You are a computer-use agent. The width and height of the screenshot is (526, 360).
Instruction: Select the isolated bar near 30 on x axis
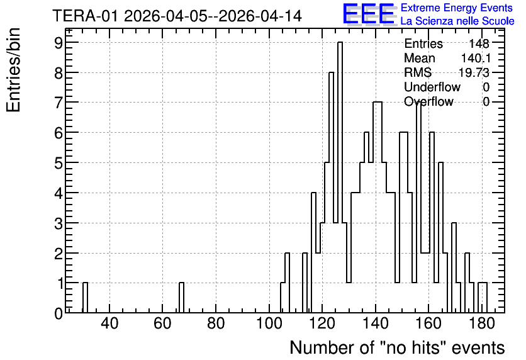(x=85, y=298)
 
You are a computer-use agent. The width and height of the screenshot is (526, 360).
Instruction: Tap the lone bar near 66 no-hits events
(x=181, y=298)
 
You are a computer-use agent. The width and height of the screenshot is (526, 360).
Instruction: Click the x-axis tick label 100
(x=269, y=324)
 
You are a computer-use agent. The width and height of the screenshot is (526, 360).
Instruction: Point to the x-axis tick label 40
(x=109, y=324)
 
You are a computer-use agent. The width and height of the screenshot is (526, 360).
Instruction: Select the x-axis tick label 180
(x=482, y=324)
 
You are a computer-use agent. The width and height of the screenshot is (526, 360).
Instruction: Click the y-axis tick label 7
(x=59, y=102)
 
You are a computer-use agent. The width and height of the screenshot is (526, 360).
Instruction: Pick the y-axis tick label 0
(x=59, y=313)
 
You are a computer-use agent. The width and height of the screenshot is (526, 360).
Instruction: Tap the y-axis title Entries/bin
(x=13, y=70)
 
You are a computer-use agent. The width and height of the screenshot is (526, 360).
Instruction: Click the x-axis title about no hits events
(x=397, y=347)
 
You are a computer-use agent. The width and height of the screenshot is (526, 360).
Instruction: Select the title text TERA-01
(x=85, y=16)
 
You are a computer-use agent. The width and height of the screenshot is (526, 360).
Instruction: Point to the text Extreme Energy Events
(x=457, y=8)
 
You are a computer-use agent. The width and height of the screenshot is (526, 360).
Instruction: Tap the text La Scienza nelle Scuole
(x=457, y=21)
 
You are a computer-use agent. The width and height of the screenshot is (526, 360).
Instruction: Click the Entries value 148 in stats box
(x=479, y=43)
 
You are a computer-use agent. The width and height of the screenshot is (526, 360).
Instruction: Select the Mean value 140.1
(x=476, y=58)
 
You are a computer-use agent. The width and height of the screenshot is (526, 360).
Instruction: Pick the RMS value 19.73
(x=474, y=72)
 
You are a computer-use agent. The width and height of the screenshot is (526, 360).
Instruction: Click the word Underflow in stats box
(x=432, y=87)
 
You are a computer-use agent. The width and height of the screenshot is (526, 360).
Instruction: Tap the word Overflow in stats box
(x=428, y=101)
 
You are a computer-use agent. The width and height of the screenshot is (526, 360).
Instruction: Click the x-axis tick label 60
(x=162, y=324)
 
